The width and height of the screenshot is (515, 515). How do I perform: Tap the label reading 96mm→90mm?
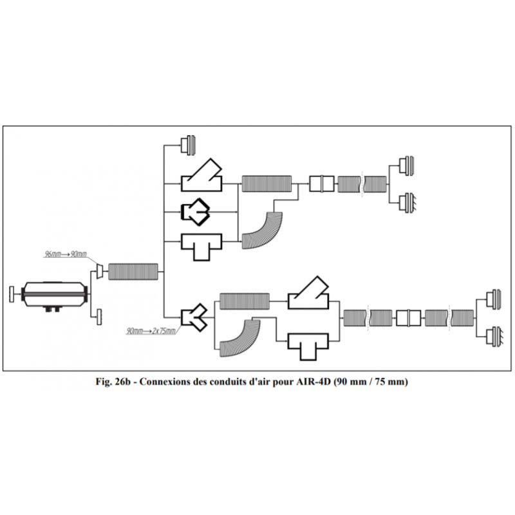coord(65,254)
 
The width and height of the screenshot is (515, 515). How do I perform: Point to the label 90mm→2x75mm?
coord(151,331)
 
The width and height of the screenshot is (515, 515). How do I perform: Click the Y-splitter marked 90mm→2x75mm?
coord(194,318)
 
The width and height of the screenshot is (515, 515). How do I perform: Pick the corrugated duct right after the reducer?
coord(133,271)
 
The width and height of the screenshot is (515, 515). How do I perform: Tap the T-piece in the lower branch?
coord(307,346)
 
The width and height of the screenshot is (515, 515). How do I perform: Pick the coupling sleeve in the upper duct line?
coord(321,183)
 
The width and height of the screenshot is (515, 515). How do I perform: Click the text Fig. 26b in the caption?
coord(113,382)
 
